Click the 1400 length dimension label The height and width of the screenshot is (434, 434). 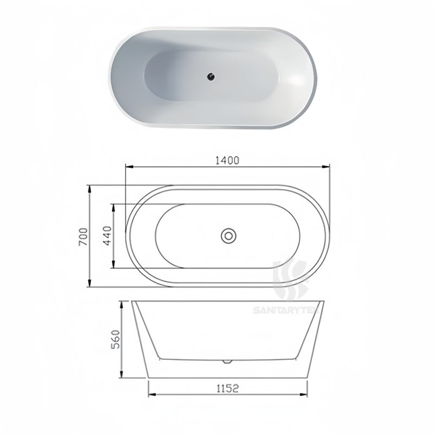227,160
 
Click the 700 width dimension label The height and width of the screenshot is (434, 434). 82,237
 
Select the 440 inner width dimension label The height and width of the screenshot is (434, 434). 107,237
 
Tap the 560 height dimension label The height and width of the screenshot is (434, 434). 114,340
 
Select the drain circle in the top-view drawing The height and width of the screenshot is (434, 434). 228,236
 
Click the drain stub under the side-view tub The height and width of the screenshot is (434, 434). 228,360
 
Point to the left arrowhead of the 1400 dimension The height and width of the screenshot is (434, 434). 128,167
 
